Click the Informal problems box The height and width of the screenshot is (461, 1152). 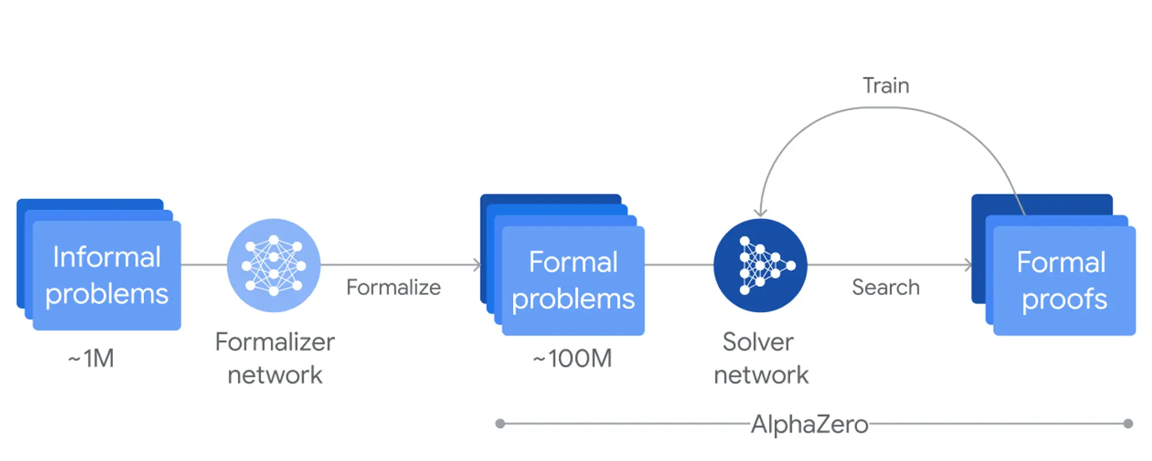pyautogui.click(x=107, y=275)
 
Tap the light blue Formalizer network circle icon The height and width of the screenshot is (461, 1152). pyautogui.click(x=274, y=265)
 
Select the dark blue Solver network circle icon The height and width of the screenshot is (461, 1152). pyautogui.click(x=760, y=265)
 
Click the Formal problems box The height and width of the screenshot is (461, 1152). pyautogui.click(x=573, y=281)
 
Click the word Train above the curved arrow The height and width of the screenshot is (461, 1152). pyautogui.click(x=886, y=86)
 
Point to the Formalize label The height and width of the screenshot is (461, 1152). pyautogui.click(x=393, y=287)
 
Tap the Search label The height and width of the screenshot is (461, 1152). pyautogui.click(x=886, y=287)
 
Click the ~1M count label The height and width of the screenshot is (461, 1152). pyautogui.click(x=91, y=358)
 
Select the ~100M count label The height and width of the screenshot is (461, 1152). pyautogui.click(x=572, y=358)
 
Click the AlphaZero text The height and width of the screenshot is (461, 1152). pyautogui.click(x=809, y=425)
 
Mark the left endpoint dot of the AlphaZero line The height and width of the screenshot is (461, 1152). pyautogui.click(x=500, y=424)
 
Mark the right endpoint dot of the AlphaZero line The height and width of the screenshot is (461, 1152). pyautogui.click(x=1128, y=424)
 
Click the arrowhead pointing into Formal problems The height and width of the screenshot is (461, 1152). pyautogui.click(x=477, y=265)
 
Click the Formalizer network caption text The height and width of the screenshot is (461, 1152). pyautogui.click(x=275, y=358)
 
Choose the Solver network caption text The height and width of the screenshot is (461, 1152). pyautogui.click(x=760, y=358)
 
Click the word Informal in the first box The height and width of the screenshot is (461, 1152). pyautogui.click(x=107, y=257)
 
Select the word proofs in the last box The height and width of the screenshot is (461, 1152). pyautogui.click(x=1064, y=299)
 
